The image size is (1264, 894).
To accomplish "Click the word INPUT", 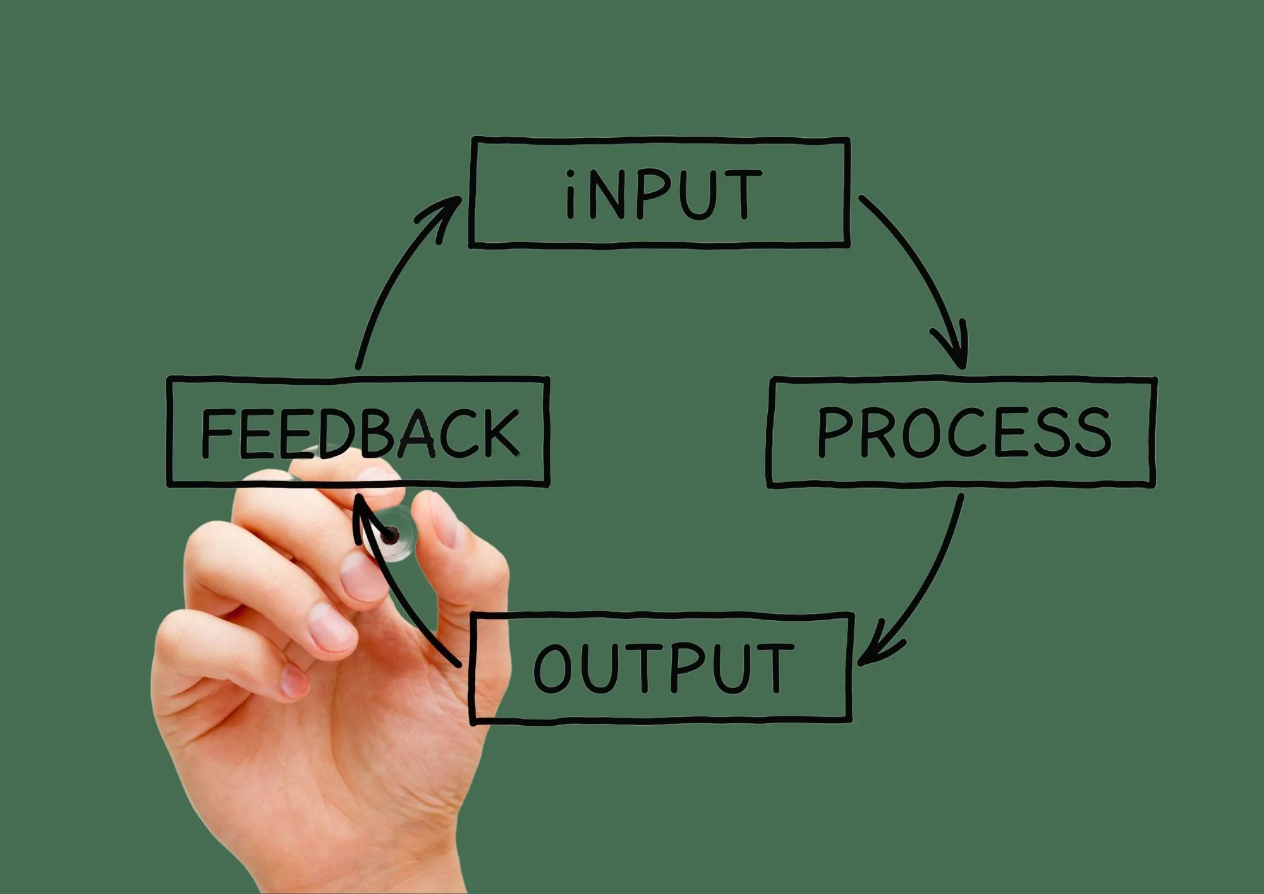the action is point(664,194).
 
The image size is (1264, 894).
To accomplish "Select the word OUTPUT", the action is point(664,668).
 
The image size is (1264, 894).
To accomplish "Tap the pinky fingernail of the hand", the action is point(295,682).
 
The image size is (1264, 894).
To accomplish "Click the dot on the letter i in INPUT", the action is point(571,174).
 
